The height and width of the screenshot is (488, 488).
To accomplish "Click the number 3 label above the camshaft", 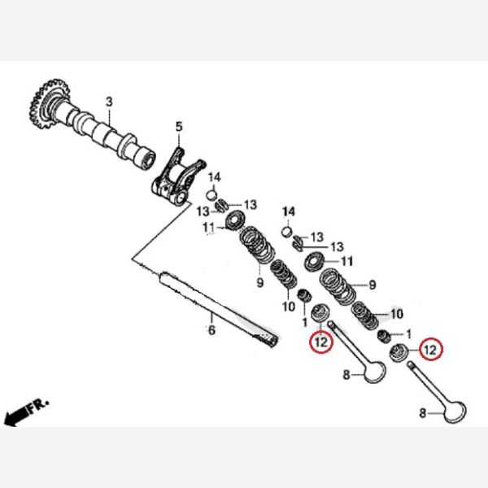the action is click(x=109, y=102).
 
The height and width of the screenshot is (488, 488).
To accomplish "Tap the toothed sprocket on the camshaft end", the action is click(x=49, y=103).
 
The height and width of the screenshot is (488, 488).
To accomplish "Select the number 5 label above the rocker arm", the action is click(x=179, y=127).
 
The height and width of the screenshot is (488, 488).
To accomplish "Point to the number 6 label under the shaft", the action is click(x=211, y=330).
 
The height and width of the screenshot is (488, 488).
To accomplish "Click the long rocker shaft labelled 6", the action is click(x=219, y=309).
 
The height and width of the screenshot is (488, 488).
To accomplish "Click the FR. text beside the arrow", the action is click(x=39, y=405).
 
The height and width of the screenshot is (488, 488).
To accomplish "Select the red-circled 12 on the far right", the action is click(x=431, y=350).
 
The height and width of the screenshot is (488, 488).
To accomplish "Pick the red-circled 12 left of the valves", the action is click(x=321, y=342).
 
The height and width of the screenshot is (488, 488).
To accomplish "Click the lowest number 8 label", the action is click(x=422, y=413).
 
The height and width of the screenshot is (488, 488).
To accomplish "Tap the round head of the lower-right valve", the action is click(x=455, y=411).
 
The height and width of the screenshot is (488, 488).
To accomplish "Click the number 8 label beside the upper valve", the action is click(x=346, y=375).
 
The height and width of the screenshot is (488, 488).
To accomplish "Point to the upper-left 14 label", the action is click(x=215, y=177).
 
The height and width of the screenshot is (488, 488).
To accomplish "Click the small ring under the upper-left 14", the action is click(x=211, y=195).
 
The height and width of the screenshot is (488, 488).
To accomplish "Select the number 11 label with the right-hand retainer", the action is click(x=347, y=261).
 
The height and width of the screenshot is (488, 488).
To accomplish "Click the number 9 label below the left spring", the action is click(x=260, y=282).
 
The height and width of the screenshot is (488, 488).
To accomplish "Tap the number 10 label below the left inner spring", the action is click(x=289, y=307).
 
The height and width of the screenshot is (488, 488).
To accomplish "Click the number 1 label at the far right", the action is click(x=408, y=334).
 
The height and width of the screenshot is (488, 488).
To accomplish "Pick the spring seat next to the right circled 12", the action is click(x=399, y=352).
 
